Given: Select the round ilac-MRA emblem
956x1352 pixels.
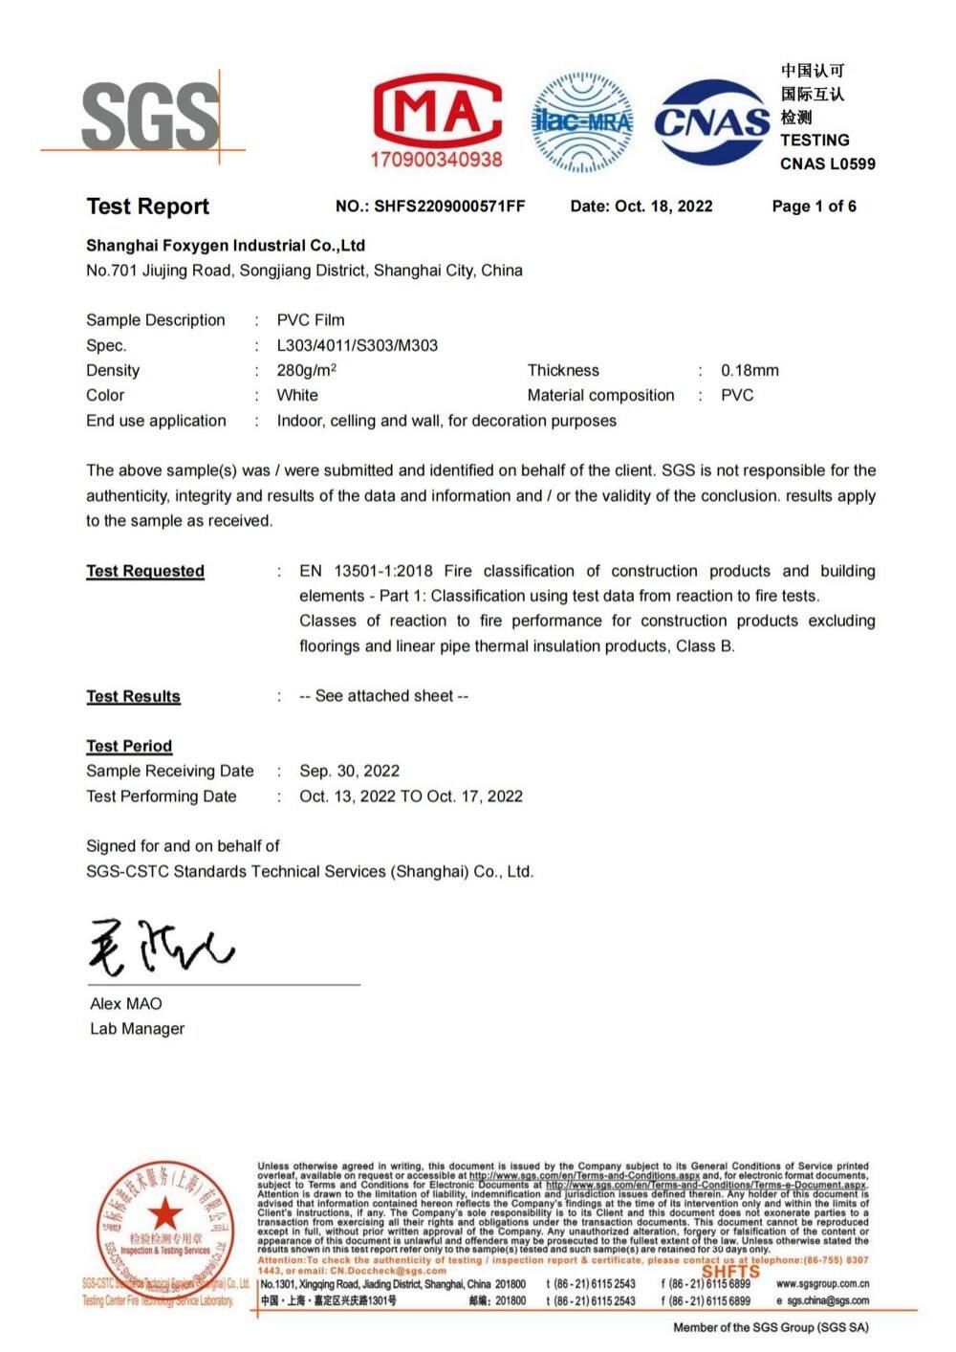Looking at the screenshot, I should tap(582, 121).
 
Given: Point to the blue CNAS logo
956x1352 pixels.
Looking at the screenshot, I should tap(712, 121).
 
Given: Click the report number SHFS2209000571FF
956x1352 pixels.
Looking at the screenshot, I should tap(449, 206).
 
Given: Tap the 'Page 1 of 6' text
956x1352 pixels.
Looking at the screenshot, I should tap(814, 206).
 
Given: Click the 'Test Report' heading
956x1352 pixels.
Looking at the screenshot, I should tap(147, 207).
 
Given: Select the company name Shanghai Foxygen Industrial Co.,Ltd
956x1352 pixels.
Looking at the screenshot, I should tap(226, 246).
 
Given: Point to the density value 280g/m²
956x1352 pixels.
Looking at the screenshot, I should tap(306, 370).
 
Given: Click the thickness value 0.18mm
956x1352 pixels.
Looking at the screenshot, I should tap(750, 370).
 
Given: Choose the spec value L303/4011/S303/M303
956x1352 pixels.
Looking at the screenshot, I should tap(357, 345).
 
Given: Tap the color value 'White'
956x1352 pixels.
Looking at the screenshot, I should tap(297, 395).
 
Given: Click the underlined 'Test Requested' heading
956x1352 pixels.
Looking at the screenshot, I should tap(145, 571).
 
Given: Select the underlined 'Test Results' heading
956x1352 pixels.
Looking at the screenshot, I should tap(133, 696).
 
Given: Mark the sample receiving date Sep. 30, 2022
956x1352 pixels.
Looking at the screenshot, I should tap(349, 771).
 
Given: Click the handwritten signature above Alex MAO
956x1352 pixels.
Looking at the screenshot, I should tap(160, 946).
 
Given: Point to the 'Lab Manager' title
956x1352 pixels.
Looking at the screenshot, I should tap(137, 1029).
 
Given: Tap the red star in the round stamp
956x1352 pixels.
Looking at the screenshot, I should tap(164, 1214).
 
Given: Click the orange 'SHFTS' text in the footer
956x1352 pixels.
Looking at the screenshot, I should tap(730, 1272).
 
